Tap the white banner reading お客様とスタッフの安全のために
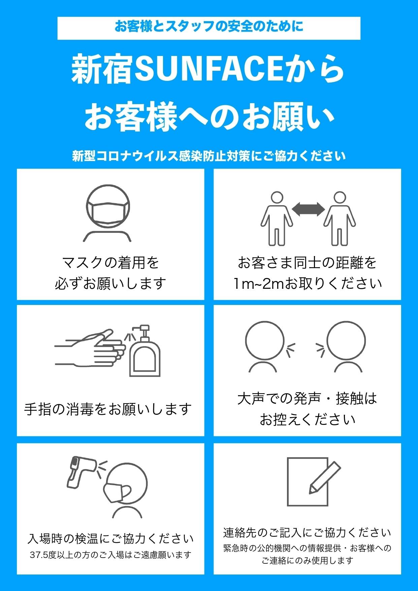point(209,28)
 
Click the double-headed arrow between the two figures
point(308,210)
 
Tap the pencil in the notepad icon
point(324,478)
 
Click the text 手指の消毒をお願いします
point(108,409)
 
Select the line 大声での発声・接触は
point(307,399)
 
